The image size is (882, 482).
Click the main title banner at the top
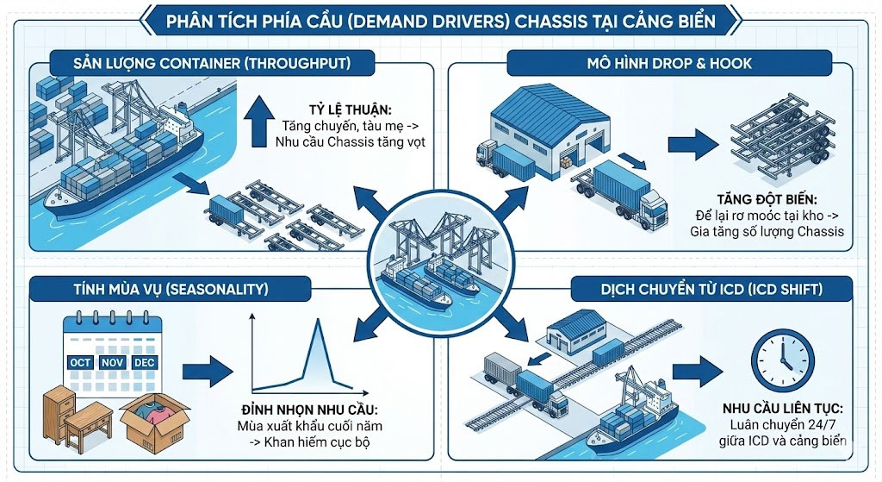pos(440,19)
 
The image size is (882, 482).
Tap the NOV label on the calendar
pos(112,363)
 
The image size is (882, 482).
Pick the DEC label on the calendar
pos(145,363)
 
